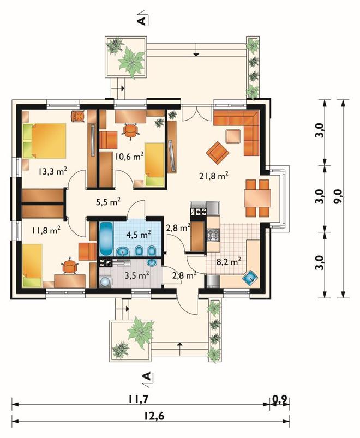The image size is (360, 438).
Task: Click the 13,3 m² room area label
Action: pyautogui.click(x=52, y=171)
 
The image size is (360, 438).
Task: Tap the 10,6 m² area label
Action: pyautogui.click(x=130, y=156)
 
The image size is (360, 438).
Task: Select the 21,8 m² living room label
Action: pyautogui.click(x=214, y=176)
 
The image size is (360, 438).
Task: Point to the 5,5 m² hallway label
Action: pyautogui.click(x=108, y=202)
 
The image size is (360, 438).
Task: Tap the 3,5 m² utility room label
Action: pyautogui.click(x=136, y=275)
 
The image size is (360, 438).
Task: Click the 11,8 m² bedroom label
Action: pyautogui.click(x=46, y=230)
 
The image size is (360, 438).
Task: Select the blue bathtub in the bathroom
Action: pyautogui.click(x=106, y=239)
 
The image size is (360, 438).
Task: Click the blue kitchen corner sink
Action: pyautogui.click(x=250, y=278)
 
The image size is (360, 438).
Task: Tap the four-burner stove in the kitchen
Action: pyautogui.click(x=213, y=235)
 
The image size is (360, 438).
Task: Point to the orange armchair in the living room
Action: pyautogui.click(x=218, y=153)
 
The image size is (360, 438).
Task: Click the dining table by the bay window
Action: pyautogui.click(x=257, y=198)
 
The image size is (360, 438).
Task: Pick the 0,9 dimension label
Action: pyautogui.click(x=280, y=400)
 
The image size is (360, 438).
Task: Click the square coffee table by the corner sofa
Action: pyautogui.click(x=233, y=136)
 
